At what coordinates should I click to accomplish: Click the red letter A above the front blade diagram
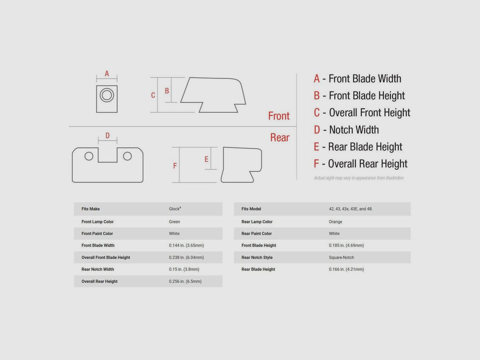(x=107, y=73)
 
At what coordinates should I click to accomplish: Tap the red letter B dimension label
(x=167, y=91)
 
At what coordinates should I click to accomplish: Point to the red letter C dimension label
(x=153, y=95)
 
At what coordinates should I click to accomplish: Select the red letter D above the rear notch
(x=107, y=135)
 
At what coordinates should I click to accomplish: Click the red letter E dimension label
(x=206, y=159)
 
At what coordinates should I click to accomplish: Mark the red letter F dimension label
(x=175, y=166)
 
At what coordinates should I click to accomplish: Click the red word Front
(x=279, y=116)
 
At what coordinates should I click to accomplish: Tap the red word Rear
(x=280, y=138)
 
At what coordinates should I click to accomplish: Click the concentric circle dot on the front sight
(x=107, y=95)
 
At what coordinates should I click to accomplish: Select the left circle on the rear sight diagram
(x=89, y=156)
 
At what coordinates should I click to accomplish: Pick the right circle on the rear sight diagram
(x=127, y=156)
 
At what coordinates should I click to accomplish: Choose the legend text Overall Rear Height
(x=368, y=164)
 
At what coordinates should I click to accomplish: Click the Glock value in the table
(x=175, y=209)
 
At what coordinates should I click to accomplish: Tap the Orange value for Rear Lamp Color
(x=336, y=222)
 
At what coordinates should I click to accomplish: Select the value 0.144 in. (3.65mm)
(x=186, y=246)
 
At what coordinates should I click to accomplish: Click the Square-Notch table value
(x=341, y=257)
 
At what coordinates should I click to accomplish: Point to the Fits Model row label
(x=251, y=209)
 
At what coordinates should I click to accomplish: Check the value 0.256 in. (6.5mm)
(x=185, y=281)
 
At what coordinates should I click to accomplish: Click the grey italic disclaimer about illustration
(x=359, y=178)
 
